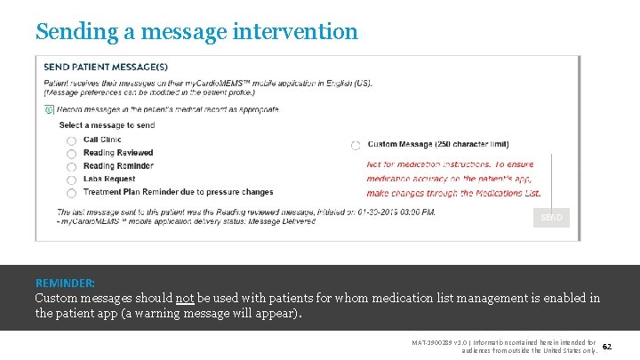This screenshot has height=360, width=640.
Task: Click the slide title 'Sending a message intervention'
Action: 196,32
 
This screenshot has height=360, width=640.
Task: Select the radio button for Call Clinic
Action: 71,140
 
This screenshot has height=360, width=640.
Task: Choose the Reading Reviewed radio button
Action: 71,154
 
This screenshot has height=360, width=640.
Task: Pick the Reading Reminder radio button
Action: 71,166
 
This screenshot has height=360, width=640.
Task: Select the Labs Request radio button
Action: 71,180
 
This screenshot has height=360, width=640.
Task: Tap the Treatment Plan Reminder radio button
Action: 71,193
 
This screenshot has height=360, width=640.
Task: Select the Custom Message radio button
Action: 356,145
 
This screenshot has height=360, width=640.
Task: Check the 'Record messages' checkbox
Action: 48,109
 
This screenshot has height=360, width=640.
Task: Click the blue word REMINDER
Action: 65,284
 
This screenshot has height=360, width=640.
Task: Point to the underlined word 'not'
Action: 185,299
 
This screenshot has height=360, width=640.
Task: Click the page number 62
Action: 607,345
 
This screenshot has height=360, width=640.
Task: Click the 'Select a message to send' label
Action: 107,125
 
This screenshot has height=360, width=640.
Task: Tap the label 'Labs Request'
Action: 109,179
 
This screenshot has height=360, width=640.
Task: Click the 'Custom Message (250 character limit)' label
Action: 438,144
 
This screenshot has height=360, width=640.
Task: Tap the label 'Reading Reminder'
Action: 118,165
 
